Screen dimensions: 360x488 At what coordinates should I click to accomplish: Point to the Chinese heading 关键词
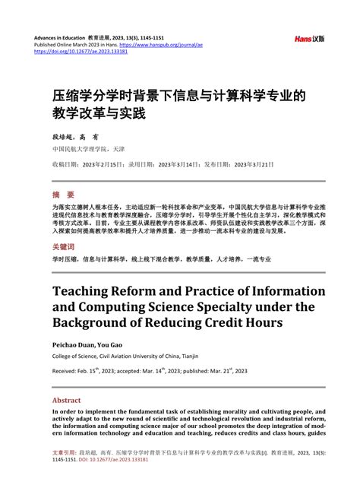(x=64, y=247)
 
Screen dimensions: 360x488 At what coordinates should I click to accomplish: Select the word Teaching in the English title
(x=90, y=291)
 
